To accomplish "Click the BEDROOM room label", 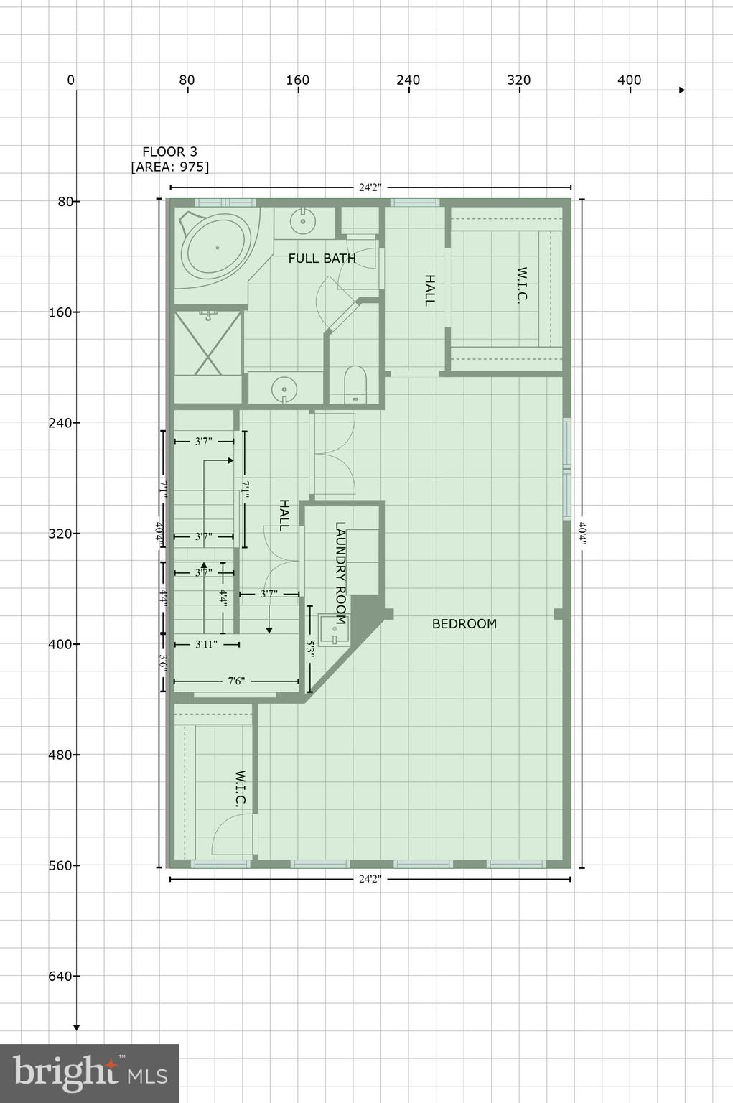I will [x=464, y=623].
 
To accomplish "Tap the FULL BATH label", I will [x=322, y=258].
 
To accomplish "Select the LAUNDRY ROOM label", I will [x=340, y=573].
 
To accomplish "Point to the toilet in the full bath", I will [x=355, y=385].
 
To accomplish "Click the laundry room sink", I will [x=333, y=630].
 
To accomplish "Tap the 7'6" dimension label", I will [x=236, y=681].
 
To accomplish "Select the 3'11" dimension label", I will [x=206, y=644].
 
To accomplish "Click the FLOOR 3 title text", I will [x=169, y=152].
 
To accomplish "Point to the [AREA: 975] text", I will [x=169, y=167].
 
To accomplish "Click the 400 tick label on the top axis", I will [x=629, y=80].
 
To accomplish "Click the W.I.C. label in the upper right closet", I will [x=522, y=286].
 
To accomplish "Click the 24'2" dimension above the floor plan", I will [x=370, y=187].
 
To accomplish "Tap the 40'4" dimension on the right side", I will [x=582, y=534].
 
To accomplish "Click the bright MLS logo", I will [x=90, y=1073].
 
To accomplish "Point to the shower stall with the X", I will [x=208, y=342].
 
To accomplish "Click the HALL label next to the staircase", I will [x=284, y=515].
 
